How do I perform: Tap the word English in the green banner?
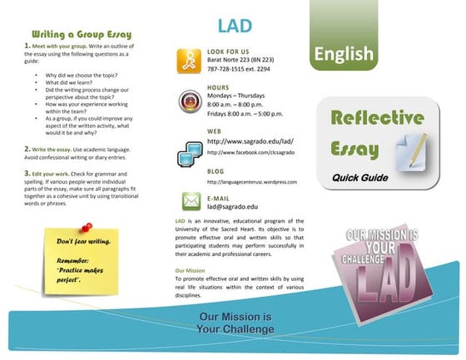(x=344, y=54)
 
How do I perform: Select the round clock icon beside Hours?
(x=186, y=101)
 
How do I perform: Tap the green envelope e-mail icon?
(x=186, y=202)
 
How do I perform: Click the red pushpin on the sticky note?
(x=86, y=227)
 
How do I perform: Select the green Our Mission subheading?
(x=191, y=270)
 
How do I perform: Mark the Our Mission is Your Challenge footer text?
(x=235, y=323)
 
